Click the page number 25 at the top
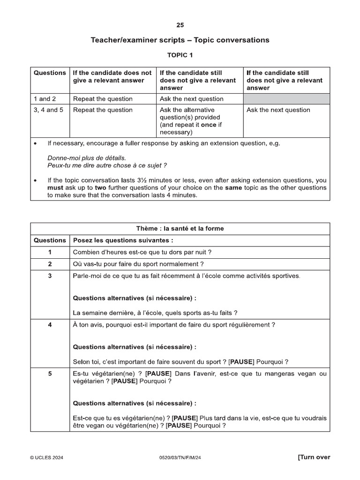click(180, 25)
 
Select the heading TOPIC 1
click(180, 55)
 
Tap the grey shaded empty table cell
click(286, 99)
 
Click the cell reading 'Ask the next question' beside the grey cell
click(192, 99)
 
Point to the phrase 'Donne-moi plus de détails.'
click(87, 158)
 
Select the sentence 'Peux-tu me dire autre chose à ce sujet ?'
click(107, 165)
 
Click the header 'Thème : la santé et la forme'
click(180, 229)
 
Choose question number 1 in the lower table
click(50, 252)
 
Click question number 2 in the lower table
click(50, 264)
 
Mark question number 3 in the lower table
click(50, 276)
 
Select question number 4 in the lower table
click(50, 325)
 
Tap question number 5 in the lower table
click(50, 374)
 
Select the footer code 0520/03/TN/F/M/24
click(180, 458)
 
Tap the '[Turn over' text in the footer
click(314, 457)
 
